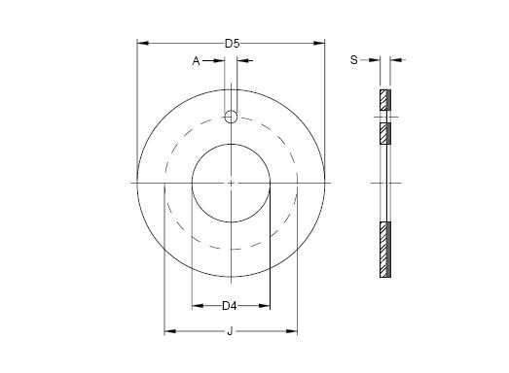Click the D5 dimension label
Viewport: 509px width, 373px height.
click(x=231, y=43)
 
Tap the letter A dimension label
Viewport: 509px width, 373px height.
click(x=196, y=61)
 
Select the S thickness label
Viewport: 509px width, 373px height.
click(x=352, y=60)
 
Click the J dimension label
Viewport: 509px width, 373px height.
click(x=230, y=332)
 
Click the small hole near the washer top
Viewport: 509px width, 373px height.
click(x=231, y=117)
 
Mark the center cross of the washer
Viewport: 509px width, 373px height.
click(x=231, y=182)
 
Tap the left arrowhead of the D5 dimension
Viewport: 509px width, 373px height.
click(x=141, y=43)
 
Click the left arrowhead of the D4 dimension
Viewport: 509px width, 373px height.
click(x=196, y=306)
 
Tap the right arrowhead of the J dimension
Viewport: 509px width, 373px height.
click(x=292, y=332)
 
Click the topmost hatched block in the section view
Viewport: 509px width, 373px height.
click(x=384, y=99)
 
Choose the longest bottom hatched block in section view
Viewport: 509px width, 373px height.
click(x=384, y=249)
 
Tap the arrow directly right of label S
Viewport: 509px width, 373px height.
click(x=375, y=60)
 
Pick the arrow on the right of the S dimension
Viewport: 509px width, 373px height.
click(x=395, y=60)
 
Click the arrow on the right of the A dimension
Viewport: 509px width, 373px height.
click(x=242, y=61)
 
